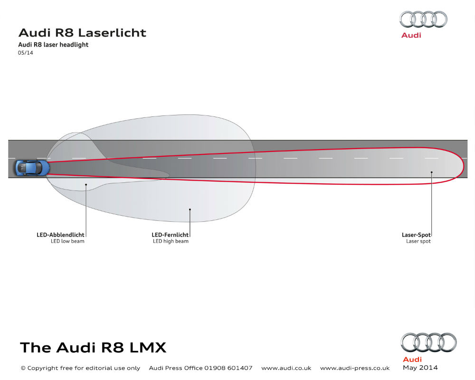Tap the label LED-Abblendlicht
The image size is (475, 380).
60,235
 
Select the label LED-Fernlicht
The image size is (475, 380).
170,235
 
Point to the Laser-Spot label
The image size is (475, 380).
416,235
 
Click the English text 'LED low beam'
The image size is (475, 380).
67,241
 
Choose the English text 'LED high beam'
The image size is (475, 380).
171,241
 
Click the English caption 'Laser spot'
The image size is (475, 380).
418,241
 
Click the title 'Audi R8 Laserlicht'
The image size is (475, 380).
82,33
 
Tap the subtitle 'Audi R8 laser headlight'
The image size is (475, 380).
53,45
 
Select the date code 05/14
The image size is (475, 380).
26,53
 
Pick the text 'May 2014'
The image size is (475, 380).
420,368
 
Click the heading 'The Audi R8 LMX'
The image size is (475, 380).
93,348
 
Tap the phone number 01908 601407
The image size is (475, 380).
228,368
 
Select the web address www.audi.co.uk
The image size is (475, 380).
286,368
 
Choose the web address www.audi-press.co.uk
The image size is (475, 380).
355,368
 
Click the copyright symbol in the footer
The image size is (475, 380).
23,368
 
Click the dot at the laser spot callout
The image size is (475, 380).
432,172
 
